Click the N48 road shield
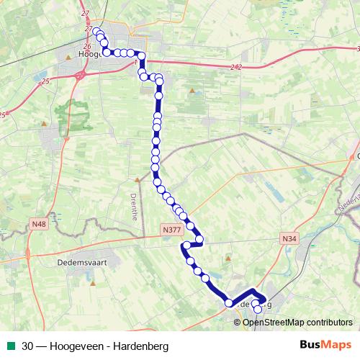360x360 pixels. [x=38, y=225]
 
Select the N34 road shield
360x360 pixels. [x=289, y=238]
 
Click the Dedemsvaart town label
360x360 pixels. [x=81, y=263]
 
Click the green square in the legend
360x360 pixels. [x=9, y=345]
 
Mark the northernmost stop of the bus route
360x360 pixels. [x=96, y=30]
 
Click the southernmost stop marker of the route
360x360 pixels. [x=257, y=310]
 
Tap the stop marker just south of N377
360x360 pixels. [x=187, y=246]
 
